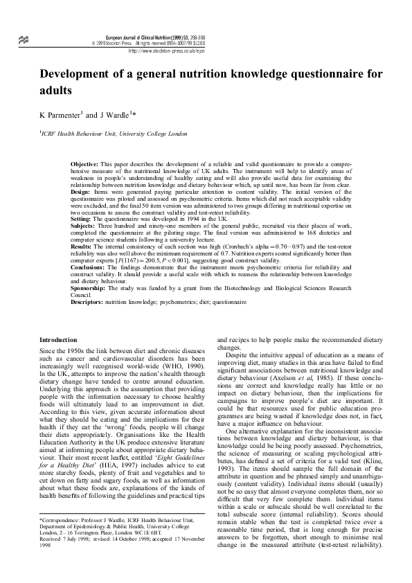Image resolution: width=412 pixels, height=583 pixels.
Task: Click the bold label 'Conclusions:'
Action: coord(91,267)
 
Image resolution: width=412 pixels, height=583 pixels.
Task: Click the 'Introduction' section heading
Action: coord(59,340)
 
